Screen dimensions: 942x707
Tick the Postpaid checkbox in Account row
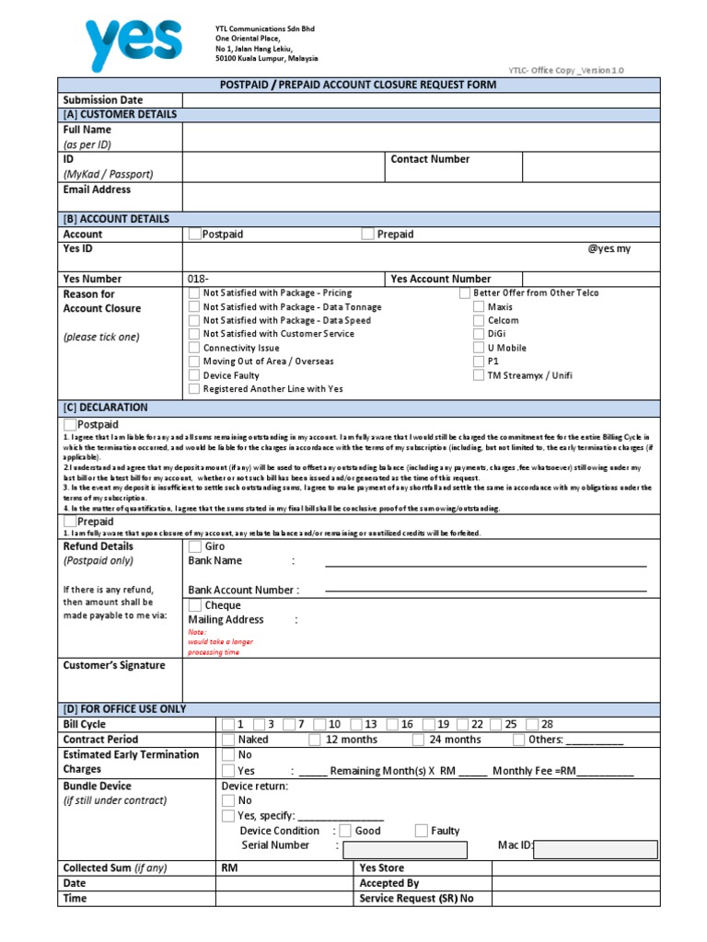(194, 235)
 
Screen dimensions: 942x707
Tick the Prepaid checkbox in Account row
(368, 235)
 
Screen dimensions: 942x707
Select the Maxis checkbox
(479, 307)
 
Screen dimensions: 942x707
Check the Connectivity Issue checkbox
(193, 349)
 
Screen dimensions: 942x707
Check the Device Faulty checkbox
(193, 375)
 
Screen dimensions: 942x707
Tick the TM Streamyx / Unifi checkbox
(479, 375)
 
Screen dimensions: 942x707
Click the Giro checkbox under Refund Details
(195, 546)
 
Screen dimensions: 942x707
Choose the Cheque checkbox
(195, 605)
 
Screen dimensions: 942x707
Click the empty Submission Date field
(421, 99)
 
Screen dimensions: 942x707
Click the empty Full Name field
(421, 137)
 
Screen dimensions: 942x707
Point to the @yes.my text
(609, 249)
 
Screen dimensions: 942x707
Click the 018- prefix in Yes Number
(199, 279)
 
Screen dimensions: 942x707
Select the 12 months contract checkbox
(315, 740)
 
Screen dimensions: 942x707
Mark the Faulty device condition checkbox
(422, 831)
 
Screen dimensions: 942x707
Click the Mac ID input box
(596, 848)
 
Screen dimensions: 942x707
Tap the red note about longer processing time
(214, 642)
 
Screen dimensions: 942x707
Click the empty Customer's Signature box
(421, 680)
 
